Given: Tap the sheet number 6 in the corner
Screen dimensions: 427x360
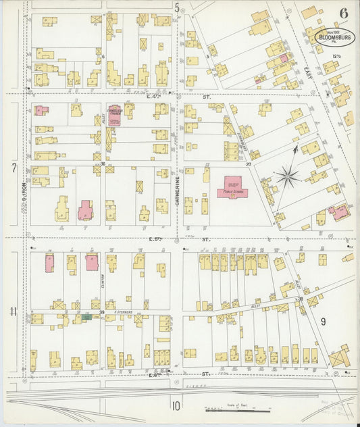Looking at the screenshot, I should [344, 13].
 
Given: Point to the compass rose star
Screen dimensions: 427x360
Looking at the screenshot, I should [287, 177].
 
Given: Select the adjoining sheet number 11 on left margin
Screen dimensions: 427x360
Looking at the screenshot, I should [14, 311].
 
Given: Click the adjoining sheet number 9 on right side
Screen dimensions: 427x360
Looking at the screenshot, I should [323, 322].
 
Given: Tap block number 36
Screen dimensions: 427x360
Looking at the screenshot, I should [103, 164].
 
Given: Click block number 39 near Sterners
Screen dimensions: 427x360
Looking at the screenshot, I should [102, 312].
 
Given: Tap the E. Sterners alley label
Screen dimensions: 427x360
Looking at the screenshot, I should [125, 312].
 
